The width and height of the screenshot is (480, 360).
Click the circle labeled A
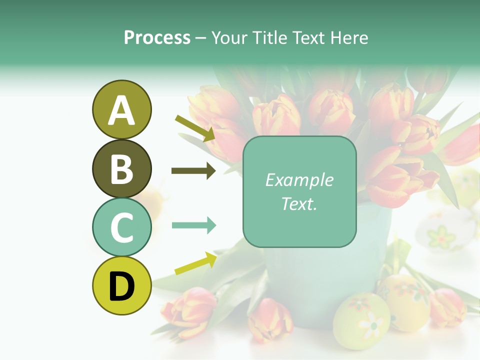coord(121,109)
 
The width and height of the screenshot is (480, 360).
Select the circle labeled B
coord(121,168)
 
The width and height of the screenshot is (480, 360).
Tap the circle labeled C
coord(121,227)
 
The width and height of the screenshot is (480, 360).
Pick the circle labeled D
coord(121,285)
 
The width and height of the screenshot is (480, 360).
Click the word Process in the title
coord(157,37)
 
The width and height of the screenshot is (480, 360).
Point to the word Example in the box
coord(299,180)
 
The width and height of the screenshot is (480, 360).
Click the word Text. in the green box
coord(299,203)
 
